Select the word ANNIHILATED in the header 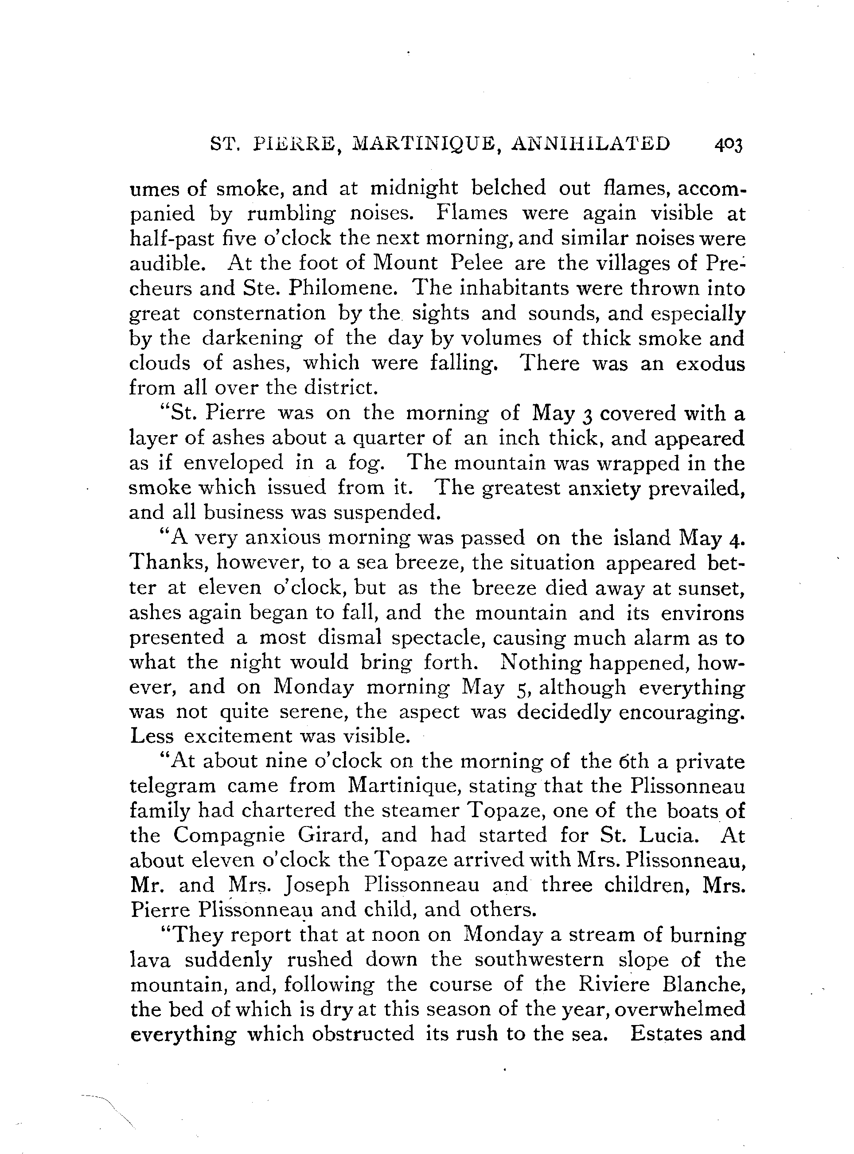pyautogui.click(x=590, y=143)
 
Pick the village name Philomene pyautogui.click(x=343, y=288)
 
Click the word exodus pyautogui.click(x=710, y=363)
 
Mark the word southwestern pyautogui.click(x=538, y=960)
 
